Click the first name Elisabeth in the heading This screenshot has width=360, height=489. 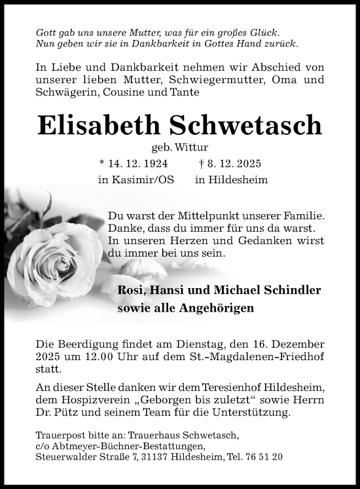click(x=107, y=124)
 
